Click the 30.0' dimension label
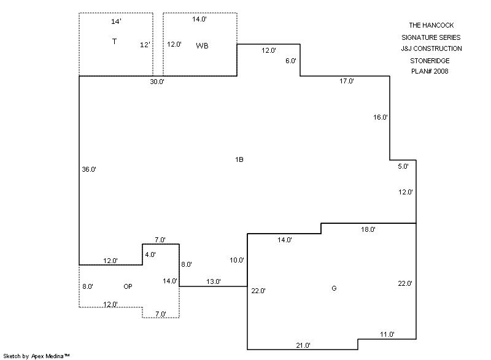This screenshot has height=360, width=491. pos(158,82)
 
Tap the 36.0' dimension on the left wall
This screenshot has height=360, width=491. pos(89,169)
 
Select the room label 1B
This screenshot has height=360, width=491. pos(239,159)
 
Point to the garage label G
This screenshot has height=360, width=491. pos(334,288)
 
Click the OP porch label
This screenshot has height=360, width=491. pos(128,286)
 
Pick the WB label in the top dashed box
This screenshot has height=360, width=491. pos(203,46)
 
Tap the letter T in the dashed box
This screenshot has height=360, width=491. pos(114,41)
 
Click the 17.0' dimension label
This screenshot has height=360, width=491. pos(347,81)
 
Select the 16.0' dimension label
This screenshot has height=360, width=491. pos(381,117)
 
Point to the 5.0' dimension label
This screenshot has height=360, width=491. pos(403,166)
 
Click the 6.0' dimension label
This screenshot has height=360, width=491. pos(291,61)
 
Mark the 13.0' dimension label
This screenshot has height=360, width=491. pos(214,281)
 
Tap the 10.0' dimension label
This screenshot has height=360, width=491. pos(237,260)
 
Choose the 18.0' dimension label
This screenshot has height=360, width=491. pos(368,229)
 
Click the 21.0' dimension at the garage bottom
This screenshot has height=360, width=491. pos(303,345)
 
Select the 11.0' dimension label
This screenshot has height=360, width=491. pos(387,334)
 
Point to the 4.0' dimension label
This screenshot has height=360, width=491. pos(150,254)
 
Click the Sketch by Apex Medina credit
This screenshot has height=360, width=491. pos(37,355)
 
